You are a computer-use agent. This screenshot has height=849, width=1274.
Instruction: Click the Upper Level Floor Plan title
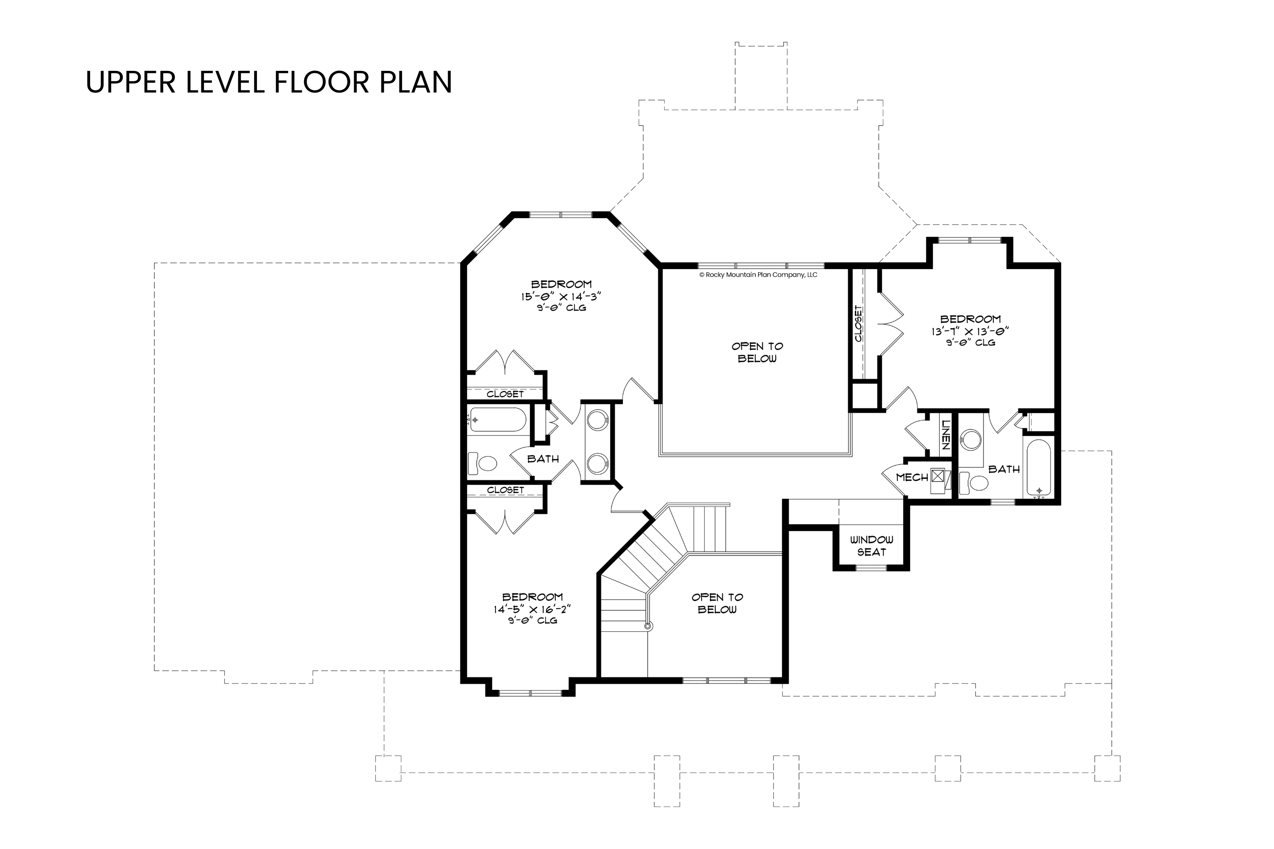(x=269, y=82)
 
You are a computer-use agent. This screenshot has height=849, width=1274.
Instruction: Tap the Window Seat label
(x=871, y=546)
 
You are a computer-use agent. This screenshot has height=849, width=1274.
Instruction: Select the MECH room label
(x=912, y=477)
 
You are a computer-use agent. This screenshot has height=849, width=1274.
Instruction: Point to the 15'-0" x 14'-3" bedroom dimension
(x=561, y=296)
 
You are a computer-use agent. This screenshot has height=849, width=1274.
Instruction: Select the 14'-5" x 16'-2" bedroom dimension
(x=532, y=609)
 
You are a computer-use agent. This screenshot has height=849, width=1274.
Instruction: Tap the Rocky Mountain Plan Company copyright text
(x=758, y=275)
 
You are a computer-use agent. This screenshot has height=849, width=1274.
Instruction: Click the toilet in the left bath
(x=482, y=464)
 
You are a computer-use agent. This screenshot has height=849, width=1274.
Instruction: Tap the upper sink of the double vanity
(x=598, y=421)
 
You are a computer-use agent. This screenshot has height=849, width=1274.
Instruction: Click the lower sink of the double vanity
(x=598, y=464)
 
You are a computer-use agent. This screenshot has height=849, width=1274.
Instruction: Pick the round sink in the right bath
(x=971, y=440)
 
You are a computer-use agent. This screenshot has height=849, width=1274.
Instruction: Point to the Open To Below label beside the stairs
(x=717, y=603)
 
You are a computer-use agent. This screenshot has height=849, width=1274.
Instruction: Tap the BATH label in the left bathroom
(x=543, y=458)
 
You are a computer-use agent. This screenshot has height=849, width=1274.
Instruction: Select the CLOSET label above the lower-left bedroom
(x=505, y=490)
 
